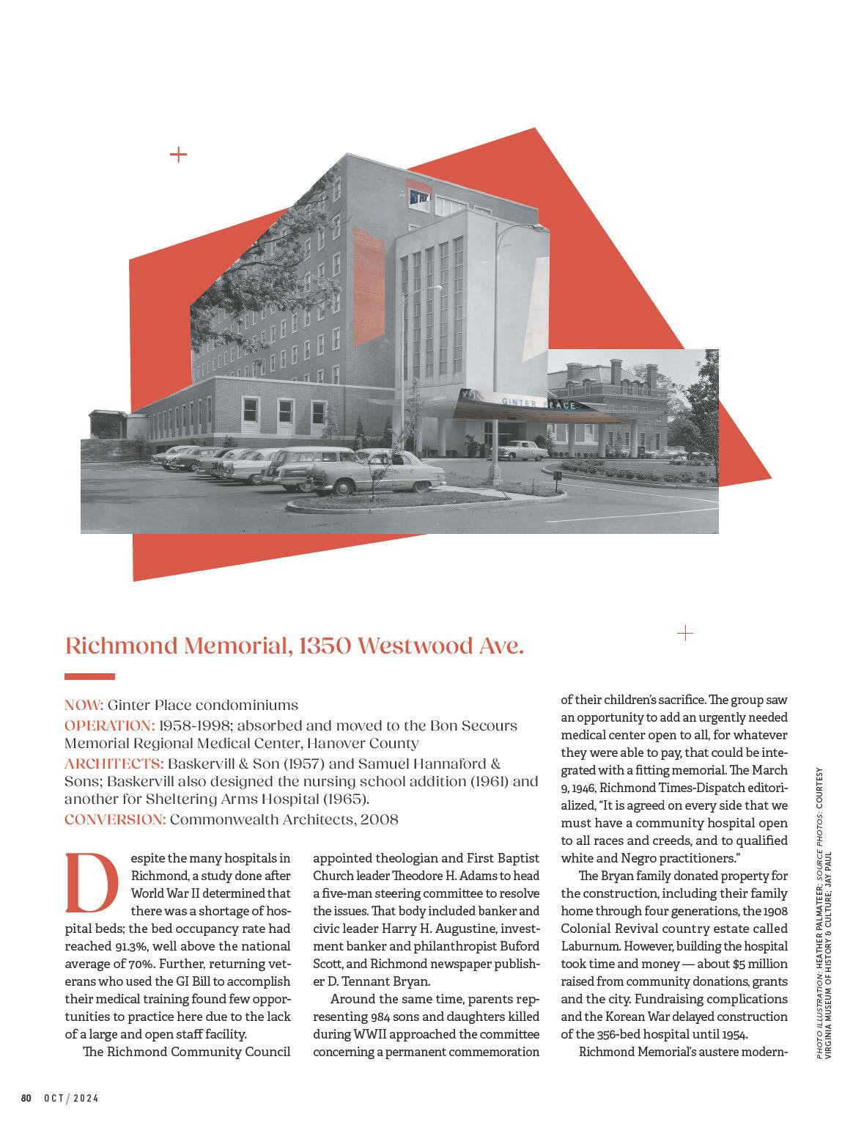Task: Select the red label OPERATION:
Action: [x=109, y=725]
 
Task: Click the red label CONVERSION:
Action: [x=114, y=819]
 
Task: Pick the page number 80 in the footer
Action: [x=26, y=1098]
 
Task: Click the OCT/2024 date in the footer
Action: [x=71, y=1098]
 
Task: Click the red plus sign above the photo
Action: [x=178, y=154]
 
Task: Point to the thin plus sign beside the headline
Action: [x=685, y=633]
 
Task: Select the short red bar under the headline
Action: [x=89, y=676]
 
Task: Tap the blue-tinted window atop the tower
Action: [x=420, y=197]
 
